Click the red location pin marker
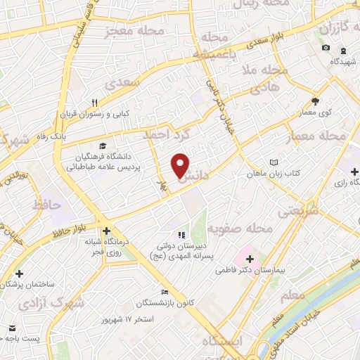point(181,165)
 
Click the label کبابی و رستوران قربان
point(95,114)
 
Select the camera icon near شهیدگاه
point(325,47)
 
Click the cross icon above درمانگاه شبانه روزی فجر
point(105,231)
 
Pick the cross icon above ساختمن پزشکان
point(19,274)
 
